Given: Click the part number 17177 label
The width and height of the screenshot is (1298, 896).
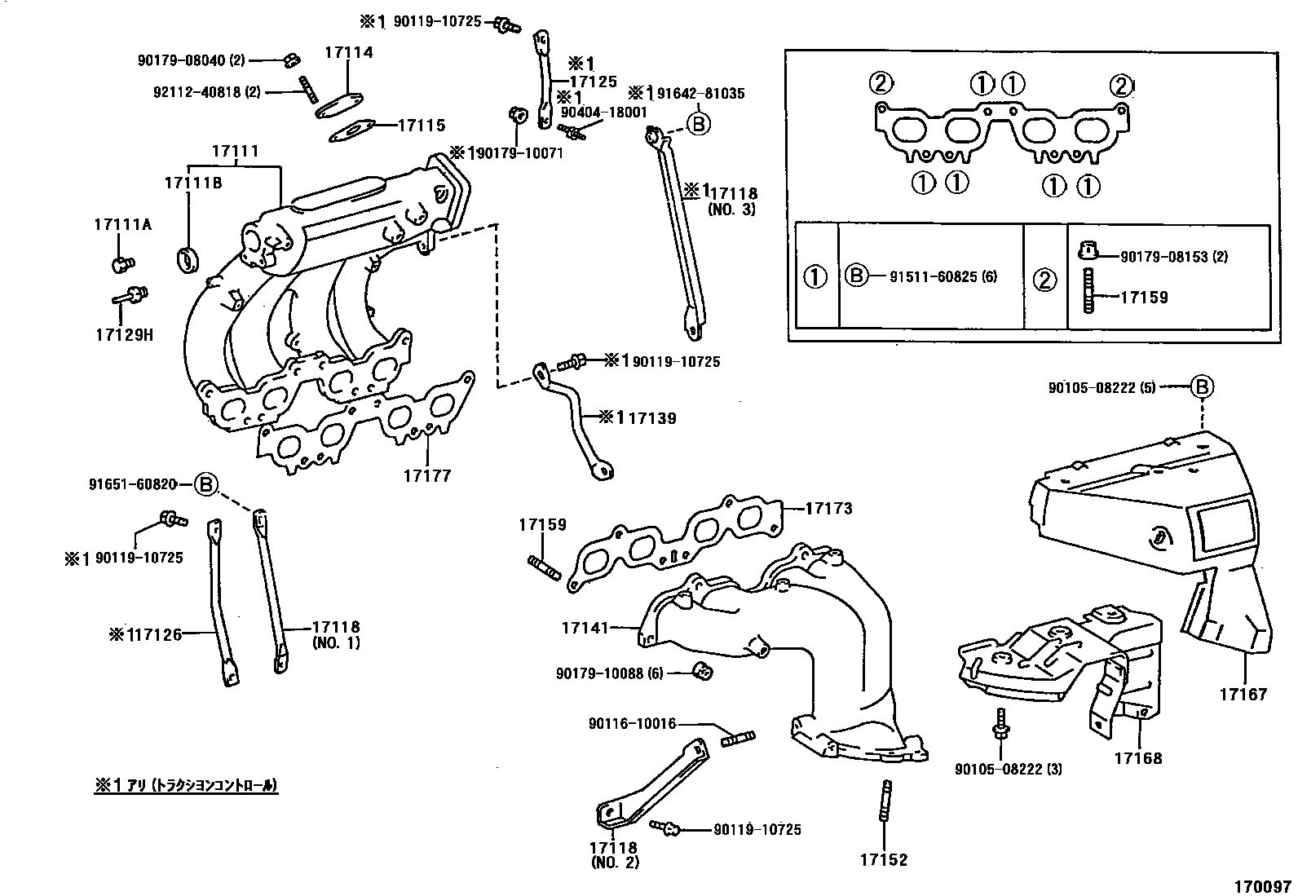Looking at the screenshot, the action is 427,476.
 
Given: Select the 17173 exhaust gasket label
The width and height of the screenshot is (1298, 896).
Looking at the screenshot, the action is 829,508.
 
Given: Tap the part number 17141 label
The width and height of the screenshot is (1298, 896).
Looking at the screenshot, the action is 585,628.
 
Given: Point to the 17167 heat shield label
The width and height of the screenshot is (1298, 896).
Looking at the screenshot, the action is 1243,694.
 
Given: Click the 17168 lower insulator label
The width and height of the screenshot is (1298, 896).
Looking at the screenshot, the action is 1138,758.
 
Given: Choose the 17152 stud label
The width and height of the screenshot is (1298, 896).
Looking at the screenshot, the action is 884,859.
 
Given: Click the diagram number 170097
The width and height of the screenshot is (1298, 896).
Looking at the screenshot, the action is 1262,887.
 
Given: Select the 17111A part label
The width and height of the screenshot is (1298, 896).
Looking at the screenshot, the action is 123,224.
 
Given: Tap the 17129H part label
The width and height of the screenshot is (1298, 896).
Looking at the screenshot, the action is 125,334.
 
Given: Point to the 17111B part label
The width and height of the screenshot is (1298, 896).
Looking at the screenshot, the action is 193,183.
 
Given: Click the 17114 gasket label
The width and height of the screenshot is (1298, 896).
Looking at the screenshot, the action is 349,52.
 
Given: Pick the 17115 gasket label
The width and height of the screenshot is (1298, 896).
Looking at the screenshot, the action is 422,126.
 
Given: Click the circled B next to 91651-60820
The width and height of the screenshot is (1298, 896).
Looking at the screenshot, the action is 205,484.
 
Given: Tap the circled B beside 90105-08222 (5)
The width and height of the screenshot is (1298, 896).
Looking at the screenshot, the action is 1202,386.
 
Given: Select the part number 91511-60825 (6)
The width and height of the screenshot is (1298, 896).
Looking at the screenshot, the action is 943,276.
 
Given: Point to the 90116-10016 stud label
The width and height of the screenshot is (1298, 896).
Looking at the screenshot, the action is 632,723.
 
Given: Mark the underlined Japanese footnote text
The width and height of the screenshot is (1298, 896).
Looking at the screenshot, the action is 186,785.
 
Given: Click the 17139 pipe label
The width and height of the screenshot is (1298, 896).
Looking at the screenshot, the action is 652,418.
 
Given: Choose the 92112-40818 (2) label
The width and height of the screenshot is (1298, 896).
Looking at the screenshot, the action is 207,92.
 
